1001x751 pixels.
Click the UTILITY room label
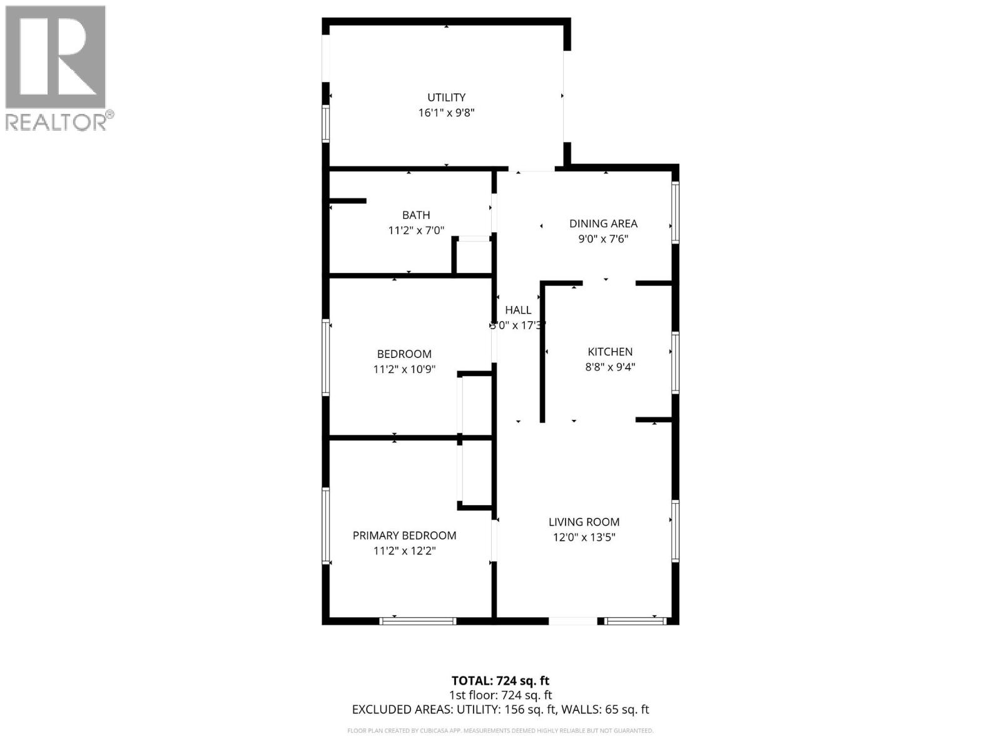coord(446,98)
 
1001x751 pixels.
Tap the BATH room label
coord(416,215)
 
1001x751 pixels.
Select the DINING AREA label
coord(603,223)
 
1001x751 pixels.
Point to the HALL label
coord(518,310)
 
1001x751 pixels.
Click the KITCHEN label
coord(610,352)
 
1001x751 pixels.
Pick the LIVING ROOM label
coord(584,522)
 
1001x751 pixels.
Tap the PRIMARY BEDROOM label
coord(404,536)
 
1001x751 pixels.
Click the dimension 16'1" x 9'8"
coord(446,113)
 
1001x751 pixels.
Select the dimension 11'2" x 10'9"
coord(404,369)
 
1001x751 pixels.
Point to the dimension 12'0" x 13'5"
coord(584,537)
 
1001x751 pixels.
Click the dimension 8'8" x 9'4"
coord(610,367)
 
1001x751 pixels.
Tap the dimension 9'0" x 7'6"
coord(603,239)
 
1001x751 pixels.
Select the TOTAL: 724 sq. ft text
coord(500,681)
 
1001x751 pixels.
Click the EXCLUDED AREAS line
coord(500,710)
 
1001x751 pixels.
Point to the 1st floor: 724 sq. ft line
coord(500,695)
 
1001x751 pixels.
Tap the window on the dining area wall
coord(675,212)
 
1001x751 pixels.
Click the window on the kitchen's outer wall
coord(675,363)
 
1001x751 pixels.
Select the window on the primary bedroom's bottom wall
coord(418,621)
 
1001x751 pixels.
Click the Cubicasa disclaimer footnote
coord(500,731)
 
